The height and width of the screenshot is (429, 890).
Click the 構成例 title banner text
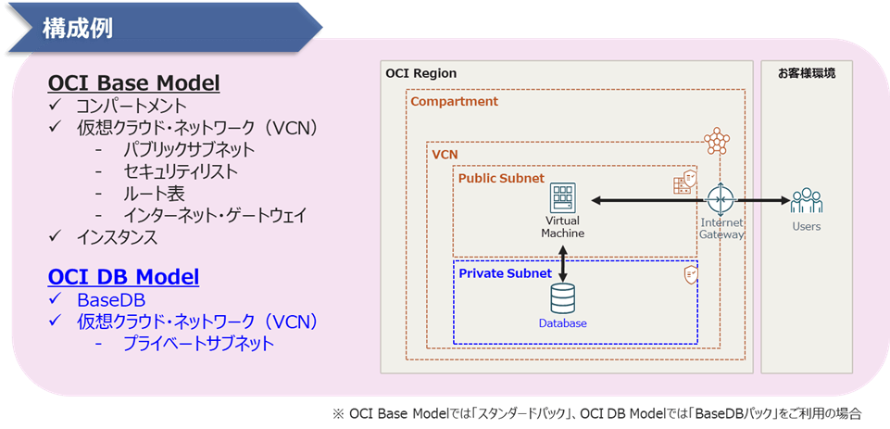coord(78,28)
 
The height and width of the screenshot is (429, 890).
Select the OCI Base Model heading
coord(133,82)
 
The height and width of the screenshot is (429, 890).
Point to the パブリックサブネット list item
coord(189,150)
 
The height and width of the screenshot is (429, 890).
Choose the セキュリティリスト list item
coord(181,171)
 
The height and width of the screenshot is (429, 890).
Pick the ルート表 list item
coord(154,194)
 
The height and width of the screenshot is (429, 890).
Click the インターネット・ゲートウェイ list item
coord(214,216)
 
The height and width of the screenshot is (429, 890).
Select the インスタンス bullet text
coord(118,238)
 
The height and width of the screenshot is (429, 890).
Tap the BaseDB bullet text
coord(110,299)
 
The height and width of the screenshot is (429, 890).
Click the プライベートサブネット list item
coord(199,344)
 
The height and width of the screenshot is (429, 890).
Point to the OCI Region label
coord(421,73)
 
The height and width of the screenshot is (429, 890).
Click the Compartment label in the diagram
coord(454,101)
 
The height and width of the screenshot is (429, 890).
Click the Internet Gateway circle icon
coord(720,199)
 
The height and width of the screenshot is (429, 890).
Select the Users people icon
coord(806,200)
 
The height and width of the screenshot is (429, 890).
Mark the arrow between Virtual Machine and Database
coord(562,260)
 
